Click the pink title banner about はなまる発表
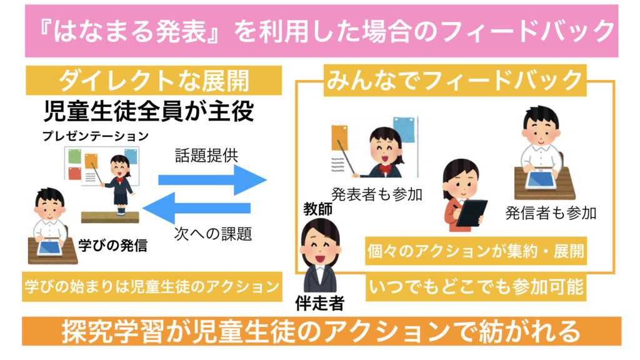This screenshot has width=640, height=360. (x=320, y=31)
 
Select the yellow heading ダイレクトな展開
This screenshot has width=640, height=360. (x=154, y=81)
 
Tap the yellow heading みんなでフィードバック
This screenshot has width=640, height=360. (x=456, y=81)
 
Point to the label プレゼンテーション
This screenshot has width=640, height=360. (x=96, y=136)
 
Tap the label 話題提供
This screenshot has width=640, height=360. (x=206, y=156)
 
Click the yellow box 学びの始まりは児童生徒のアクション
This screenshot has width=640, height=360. (x=150, y=286)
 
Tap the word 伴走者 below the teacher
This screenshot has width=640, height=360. (x=319, y=304)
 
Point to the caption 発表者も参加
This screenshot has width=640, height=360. (x=377, y=194)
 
